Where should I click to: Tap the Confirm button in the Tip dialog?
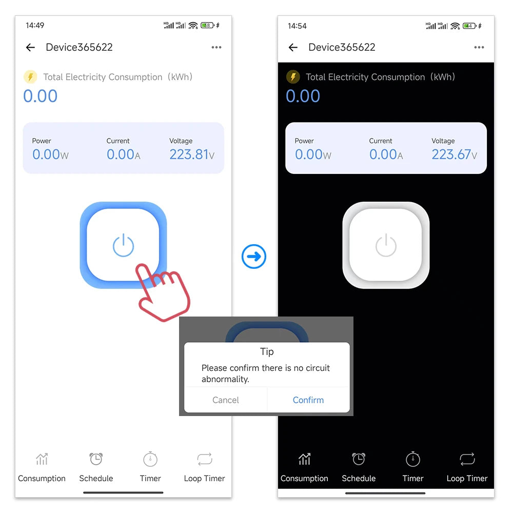tap(308, 400)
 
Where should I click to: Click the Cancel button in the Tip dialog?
tap(226, 400)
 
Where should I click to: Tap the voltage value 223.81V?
tap(192, 154)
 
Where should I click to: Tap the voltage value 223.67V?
tap(455, 154)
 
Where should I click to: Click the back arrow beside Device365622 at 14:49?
tap(30, 48)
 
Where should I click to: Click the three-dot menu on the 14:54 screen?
tap(479, 48)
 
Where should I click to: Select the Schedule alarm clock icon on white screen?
tap(96, 459)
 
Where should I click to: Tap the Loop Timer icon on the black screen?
tap(467, 459)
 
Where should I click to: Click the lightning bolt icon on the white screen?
tap(30, 77)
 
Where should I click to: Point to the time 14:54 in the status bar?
tap(297, 26)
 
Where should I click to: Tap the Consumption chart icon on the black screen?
tap(304, 459)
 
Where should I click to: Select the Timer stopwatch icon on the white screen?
tap(150, 459)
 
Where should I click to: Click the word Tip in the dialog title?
tap(267, 352)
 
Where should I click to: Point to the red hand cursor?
tap(162, 292)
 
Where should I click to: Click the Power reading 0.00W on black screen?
tap(313, 154)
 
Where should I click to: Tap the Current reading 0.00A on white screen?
tap(123, 154)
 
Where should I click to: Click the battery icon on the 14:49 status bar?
tap(208, 25)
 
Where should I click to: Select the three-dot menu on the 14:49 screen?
tap(216, 48)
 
